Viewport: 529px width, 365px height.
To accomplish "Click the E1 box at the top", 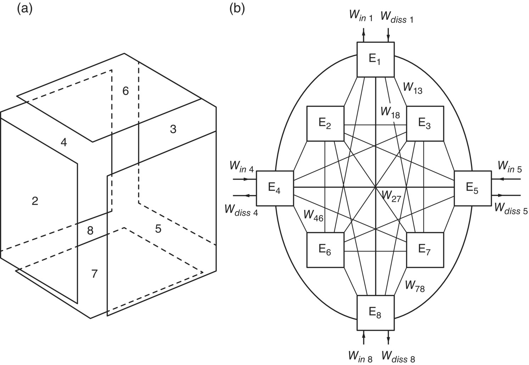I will click(x=375, y=60).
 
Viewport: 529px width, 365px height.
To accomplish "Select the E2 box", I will click(x=325, y=123).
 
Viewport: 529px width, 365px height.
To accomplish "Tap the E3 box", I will click(x=425, y=123).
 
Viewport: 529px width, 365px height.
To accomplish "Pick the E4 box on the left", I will click(x=274, y=188).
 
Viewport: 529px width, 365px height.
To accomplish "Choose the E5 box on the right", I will click(x=473, y=188).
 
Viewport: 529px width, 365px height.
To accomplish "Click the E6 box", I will click(x=325, y=250).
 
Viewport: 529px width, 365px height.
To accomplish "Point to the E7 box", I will click(x=425, y=250).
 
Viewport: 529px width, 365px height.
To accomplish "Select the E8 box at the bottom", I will click(x=375, y=313).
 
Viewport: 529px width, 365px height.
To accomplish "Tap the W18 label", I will click(x=390, y=113).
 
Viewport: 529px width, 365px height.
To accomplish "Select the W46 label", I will click(x=313, y=216).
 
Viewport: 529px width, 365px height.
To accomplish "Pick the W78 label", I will click(x=414, y=284).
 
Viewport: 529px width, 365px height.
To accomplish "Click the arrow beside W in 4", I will click(x=244, y=179).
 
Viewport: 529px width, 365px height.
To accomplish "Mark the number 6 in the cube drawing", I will click(x=126, y=91).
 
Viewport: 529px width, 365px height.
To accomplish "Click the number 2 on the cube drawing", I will click(x=35, y=201).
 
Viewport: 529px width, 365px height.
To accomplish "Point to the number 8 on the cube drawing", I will click(x=90, y=231).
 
